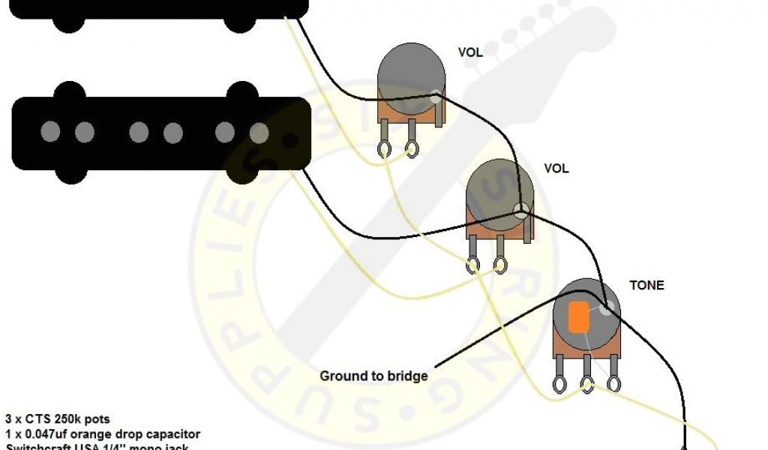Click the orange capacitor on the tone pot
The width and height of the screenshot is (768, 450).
(577, 316)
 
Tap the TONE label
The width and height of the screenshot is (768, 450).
(646, 286)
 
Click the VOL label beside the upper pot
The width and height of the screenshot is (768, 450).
(470, 52)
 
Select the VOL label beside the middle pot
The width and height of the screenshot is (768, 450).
(556, 169)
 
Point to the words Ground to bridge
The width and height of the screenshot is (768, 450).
(373, 376)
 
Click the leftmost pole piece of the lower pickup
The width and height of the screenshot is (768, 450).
(50, 132)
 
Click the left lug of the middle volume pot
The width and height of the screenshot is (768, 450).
(473, 264)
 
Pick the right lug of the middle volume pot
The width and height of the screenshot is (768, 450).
(500, 264)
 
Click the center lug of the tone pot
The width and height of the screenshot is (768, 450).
(587, 384)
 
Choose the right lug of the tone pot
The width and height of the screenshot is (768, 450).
(614, 384)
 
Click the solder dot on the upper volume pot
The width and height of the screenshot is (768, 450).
(436, 96)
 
